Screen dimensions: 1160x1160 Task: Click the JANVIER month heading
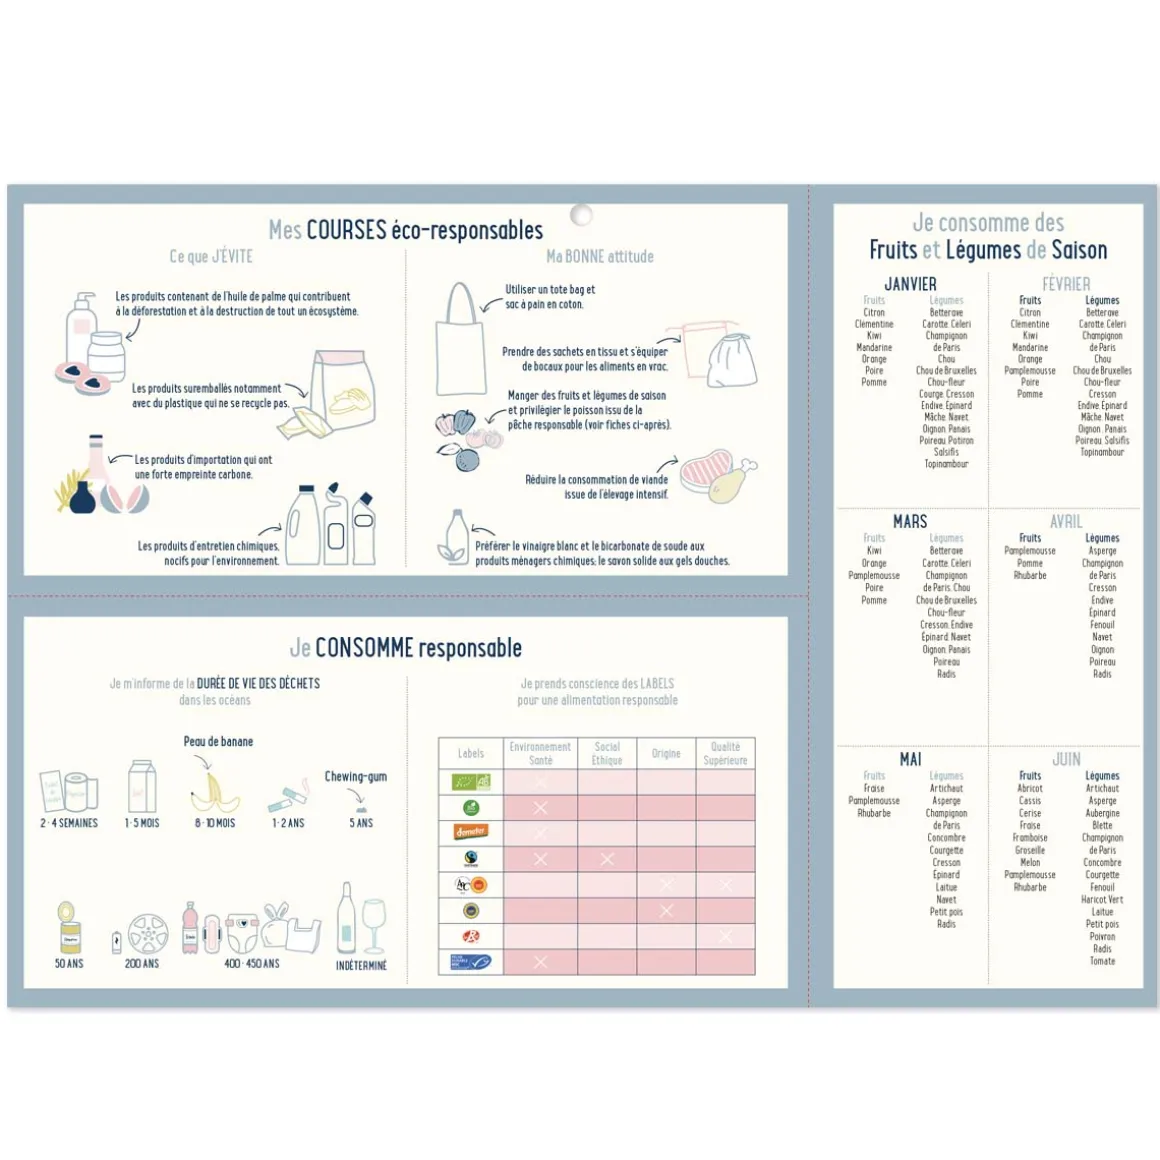(x=910, y=284)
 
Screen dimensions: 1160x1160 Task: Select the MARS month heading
(x=910, y=521)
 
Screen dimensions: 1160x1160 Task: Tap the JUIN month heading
(x=1066, y=759)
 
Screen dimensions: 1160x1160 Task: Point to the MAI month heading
(x=910, y=759)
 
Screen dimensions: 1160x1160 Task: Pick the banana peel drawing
(x=215, y=790)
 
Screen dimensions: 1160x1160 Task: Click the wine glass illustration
(x=374, y=926)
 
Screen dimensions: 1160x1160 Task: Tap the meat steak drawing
(x=707, y=475)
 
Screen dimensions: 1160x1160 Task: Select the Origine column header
(x=666, y=753)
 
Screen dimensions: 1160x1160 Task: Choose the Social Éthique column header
(x=607, y=753)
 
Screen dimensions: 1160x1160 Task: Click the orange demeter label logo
(x=471, y=832)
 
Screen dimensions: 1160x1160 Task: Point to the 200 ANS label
(x=142, y=963)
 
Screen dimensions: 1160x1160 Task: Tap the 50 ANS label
(x=69, y=963)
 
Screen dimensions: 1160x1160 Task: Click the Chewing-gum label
(x=356, y=776)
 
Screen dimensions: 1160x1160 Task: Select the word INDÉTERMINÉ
(x=361, y=965)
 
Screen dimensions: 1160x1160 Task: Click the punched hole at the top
(x=581, y=215)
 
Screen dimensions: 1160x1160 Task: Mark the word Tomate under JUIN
(x=1102, y=961)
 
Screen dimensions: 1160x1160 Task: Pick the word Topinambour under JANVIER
(x=946, y=464)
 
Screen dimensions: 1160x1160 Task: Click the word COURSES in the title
(x=346, y=230)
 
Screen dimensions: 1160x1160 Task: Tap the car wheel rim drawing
(x=148, y=934)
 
